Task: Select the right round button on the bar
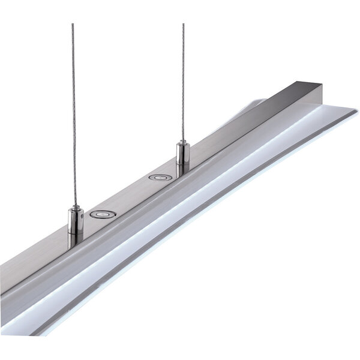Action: point(160,178)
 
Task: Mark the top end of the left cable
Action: point(73,24)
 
